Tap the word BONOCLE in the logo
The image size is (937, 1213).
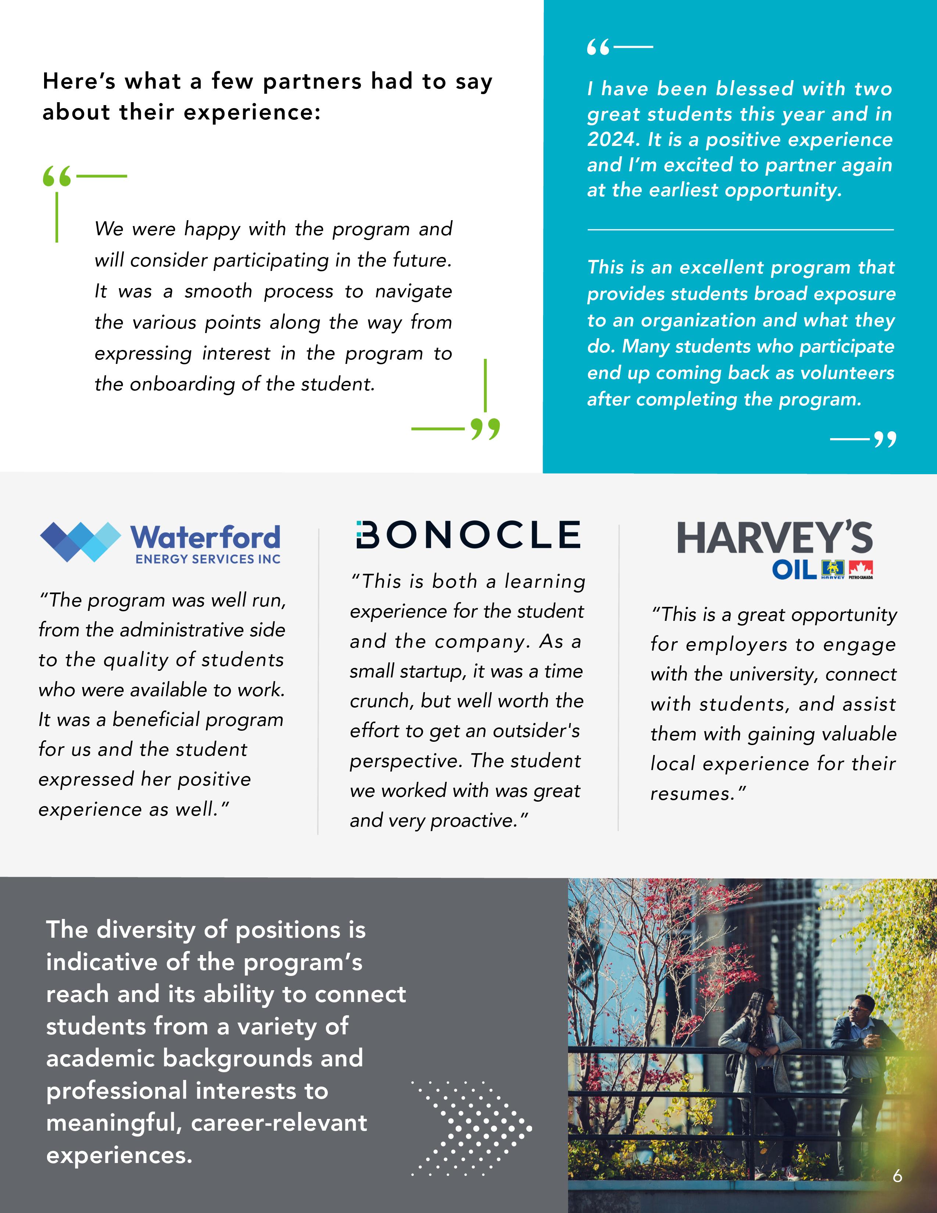pyautogui.click(x=468, y=534)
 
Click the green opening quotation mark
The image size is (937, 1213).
pyautogui.click(x=57, y=176)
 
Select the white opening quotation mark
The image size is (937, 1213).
pyautogui.click(x=598, y=48)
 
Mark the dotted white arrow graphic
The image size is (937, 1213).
pyautogui.click(x=472, y=1127)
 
